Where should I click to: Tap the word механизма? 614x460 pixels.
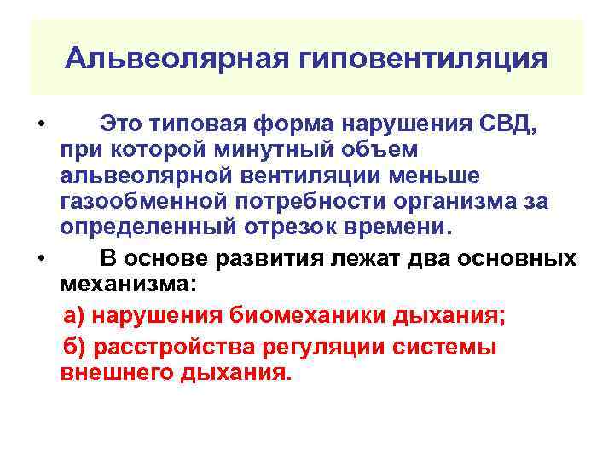coord(126,282)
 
